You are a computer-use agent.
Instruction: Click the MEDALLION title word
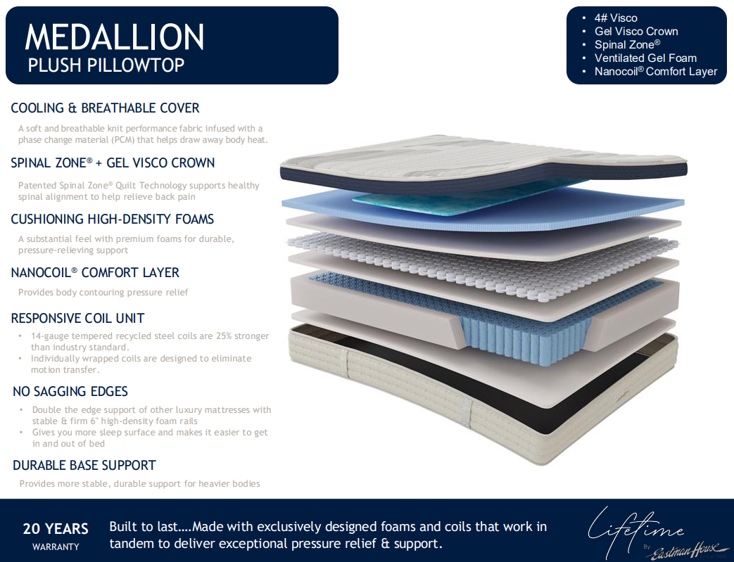[115, 37]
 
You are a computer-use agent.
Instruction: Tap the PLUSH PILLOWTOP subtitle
[106, 65]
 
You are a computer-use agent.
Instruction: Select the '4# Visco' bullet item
[616, 18]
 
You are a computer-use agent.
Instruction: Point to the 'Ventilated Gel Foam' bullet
[645, 58]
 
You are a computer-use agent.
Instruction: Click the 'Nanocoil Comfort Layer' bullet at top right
[656, 72]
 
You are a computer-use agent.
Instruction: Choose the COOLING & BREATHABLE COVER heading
[106, 108]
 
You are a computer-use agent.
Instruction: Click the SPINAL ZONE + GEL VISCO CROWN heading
[113, 163]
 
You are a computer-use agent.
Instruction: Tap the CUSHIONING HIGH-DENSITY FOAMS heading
[113, 219]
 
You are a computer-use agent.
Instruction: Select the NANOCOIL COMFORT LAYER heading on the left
[95, 272]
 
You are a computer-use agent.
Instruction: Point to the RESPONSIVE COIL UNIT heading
[77, 318]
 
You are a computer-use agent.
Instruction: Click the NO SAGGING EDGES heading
[70, 391]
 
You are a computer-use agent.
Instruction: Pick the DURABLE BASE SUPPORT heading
[84, 465]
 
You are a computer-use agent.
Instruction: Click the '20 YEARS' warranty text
[56, 529]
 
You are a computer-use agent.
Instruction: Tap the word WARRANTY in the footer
[56, 547]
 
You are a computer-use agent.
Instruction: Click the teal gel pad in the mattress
[468, 196]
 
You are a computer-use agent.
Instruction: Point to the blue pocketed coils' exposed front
[524, 338]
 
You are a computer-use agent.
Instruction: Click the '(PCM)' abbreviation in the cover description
[122, 140]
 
